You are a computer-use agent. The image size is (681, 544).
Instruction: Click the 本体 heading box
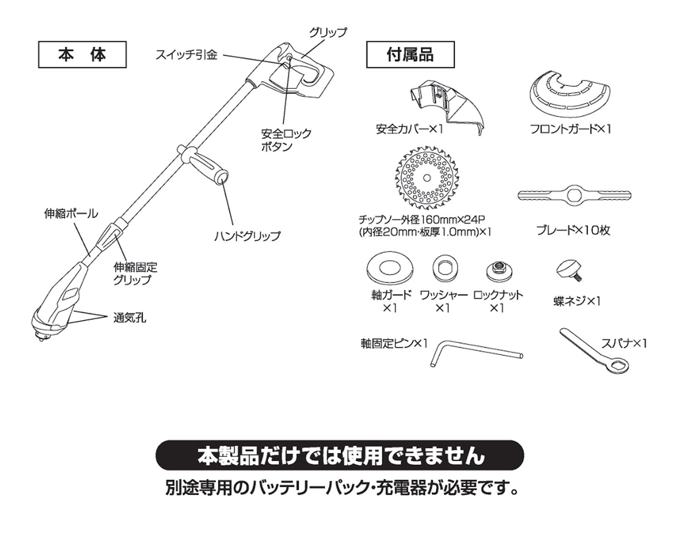pyautogui.click(x=82, y=55)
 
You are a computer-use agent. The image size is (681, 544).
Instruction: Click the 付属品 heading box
pyautogui.click(x=410, y=55)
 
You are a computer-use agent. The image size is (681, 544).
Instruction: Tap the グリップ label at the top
pyautogui.click(x=328, y=33)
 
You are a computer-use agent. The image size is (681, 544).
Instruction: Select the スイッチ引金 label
pyautogui.click(x=187, y=55)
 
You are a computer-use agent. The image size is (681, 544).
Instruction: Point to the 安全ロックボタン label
pyautogui.click(x=286, y=140)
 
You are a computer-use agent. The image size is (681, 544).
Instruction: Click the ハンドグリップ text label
pyautogui.click(x=247, y=236)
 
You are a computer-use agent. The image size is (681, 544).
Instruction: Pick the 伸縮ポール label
pyautogui.click(x=71, y=213)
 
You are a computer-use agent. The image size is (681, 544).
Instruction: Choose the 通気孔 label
pyautogui.click(x=130, y=318)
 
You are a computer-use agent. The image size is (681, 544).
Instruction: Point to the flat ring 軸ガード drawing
pyautogui.click(x=389, y=268)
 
